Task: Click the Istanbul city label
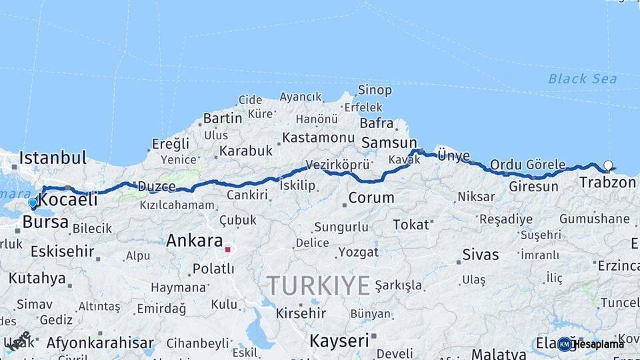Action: point(53,159)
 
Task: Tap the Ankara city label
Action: point(194,240)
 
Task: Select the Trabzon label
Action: point(607,182)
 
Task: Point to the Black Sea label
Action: point(582,79)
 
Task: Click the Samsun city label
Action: point(388,143)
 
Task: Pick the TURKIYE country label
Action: point(319,286)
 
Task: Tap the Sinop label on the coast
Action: point(375,90)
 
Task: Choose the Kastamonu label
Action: point(318,138)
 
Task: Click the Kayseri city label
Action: point(339,341)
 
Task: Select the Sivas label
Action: point(480,255)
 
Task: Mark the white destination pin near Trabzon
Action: point(608,165)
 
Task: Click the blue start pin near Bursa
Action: point(33,203)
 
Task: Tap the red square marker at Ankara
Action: point(227,250)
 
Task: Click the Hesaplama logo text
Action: point(598,344)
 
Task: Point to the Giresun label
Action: point(533,187)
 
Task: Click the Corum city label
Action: point(371,198)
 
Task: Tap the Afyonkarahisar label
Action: point(100,343)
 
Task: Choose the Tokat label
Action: point(411,225)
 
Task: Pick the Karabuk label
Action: point(246,151)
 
